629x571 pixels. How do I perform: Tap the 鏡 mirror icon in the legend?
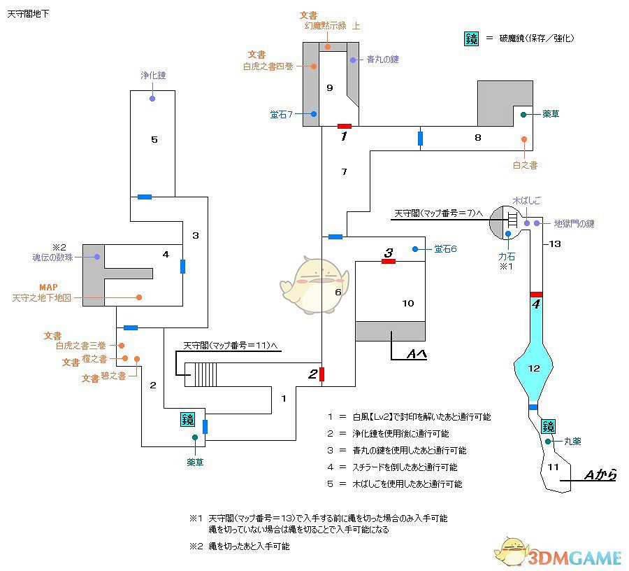(472, 39)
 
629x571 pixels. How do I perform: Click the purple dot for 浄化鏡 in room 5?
(152, 99)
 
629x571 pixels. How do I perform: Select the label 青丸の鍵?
(382, 59)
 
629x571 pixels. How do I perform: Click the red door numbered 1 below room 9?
(344, 126)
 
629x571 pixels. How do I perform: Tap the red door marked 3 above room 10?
(389, 261)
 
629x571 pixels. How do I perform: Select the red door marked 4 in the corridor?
(536, 294)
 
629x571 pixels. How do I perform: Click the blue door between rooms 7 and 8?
(420, 138)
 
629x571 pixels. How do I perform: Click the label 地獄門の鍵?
(574, 224)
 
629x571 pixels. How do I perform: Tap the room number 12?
(535, 368)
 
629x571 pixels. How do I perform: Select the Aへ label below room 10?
(417, 355)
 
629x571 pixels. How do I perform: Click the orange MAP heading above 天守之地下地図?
(48, 286)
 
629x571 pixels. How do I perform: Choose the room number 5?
(154, 140)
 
